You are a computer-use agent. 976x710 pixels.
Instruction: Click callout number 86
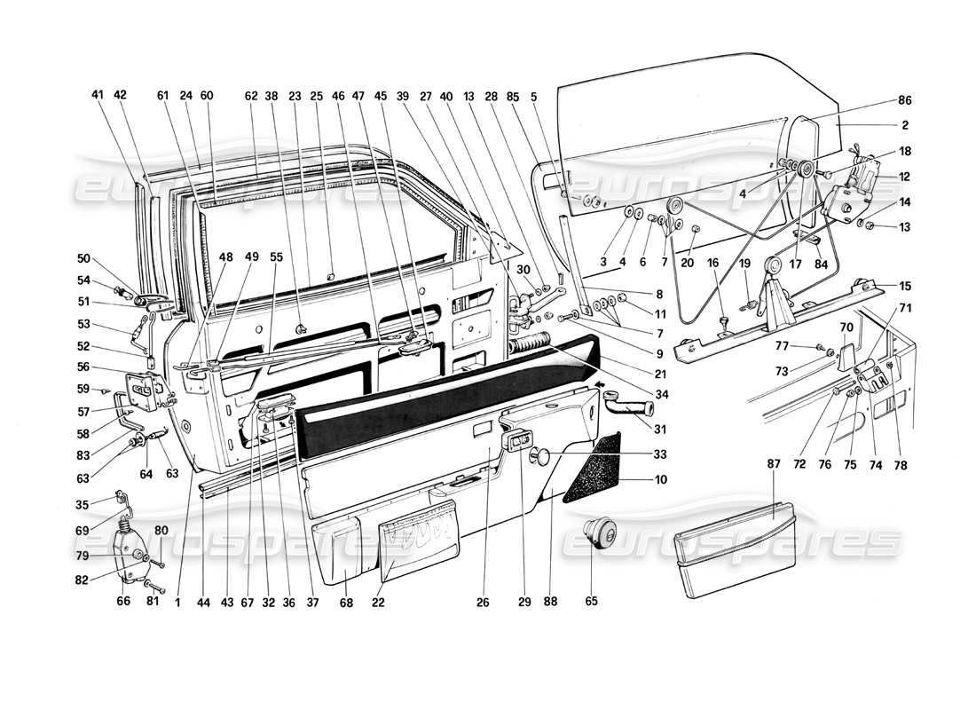pyautogui.click(x=904, y=101)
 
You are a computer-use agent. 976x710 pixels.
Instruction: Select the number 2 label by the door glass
pyautogui.click(x=904, y=125)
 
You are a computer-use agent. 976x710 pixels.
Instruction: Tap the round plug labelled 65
pyautogui.click(x=600, y=535)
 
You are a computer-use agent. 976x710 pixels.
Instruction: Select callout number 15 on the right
pyautogui.click(x=904, y=286)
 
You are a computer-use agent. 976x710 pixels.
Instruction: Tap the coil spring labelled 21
pyautogui.click(x=531, y=343)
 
